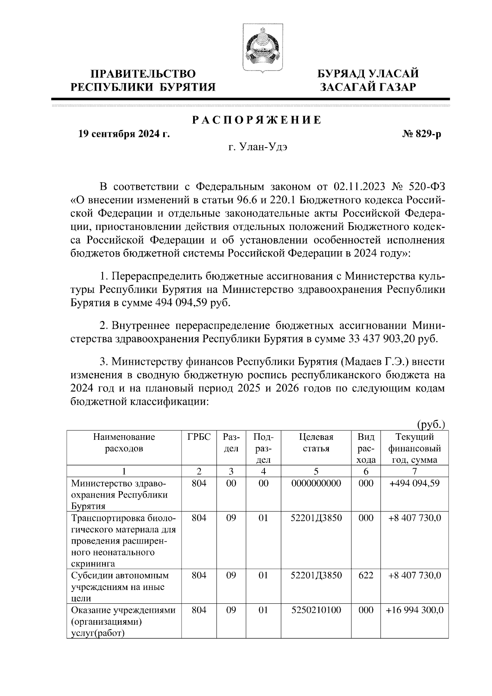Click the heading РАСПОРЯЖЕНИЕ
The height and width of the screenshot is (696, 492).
(x=257, y=120)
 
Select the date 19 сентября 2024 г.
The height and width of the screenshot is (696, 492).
(x=124, y=134)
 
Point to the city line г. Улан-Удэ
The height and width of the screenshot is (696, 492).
(x=258, y=148)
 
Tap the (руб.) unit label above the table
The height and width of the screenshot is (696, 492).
(x=431, y=425)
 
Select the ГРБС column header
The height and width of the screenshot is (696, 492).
(x=199, y=437)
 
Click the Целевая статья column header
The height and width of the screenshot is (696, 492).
(x=316, y=443)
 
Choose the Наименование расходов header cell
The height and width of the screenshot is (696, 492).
(x=124, y=443)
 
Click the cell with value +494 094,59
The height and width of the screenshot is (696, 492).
(x=414, y=483)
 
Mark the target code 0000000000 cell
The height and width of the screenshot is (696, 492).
(x=316, y=483)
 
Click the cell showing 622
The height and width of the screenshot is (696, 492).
(x=366, y=575)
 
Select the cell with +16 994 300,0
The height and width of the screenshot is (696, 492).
(x=415, y=610)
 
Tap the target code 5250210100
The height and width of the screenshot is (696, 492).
(x=316, y=610)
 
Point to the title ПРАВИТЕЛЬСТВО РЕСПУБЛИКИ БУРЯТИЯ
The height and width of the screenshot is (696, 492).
(x=143, y=80)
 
